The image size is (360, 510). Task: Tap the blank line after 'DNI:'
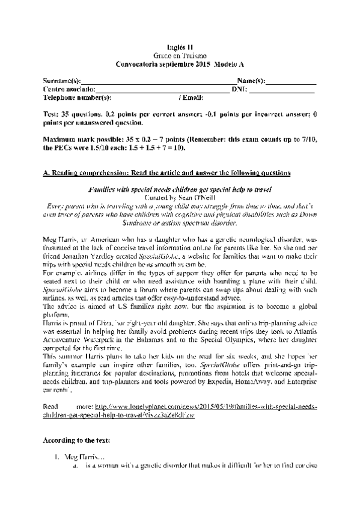[281, 90]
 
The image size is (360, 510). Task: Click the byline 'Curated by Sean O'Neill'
[180, 197]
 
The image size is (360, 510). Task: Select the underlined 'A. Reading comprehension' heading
[167, 173]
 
